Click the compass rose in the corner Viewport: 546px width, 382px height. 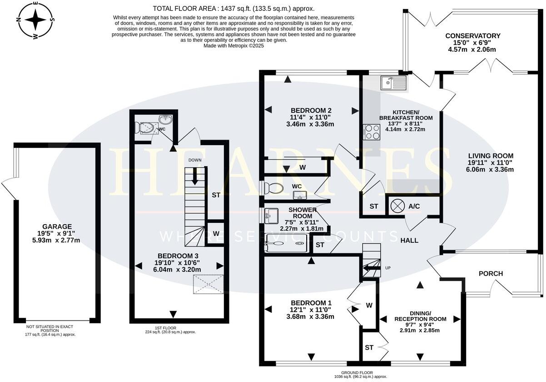35,20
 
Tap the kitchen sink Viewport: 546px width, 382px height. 393,83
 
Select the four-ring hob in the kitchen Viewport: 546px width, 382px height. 371,132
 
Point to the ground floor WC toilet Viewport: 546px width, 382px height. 273,188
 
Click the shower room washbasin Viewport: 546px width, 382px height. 271,216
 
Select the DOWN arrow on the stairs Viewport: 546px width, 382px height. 195,176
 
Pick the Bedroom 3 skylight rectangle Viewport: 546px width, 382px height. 208,284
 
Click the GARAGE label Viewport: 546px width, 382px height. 57,226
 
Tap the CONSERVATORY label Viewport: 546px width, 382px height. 472,36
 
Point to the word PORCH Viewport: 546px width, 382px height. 491,274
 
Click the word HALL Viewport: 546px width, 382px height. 409,241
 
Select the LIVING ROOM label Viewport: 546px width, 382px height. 491,156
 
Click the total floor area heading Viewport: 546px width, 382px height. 233,9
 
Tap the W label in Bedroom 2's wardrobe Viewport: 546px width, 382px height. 303,167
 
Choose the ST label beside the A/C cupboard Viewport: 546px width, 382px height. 374,206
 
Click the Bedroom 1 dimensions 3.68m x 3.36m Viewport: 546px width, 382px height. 310,317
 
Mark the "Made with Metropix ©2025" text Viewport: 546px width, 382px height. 233,45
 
